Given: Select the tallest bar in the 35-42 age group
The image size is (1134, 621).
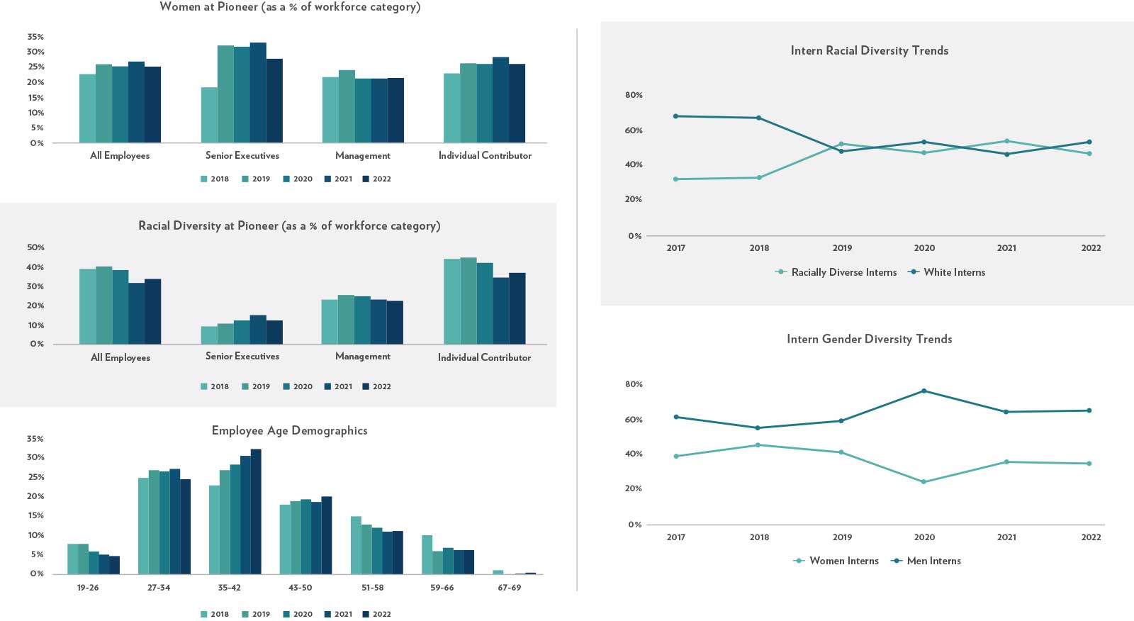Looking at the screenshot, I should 256,511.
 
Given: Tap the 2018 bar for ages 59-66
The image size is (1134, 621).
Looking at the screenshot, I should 427,554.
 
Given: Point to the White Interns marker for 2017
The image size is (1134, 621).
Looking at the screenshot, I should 675,116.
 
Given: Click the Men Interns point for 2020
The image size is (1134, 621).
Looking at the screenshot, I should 924,391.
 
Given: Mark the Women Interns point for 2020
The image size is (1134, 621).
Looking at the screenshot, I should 924,482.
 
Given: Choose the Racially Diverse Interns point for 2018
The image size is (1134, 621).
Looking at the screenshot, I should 759,178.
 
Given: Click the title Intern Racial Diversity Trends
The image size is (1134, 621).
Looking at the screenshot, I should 869,50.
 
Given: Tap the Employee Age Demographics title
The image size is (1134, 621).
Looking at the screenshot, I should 289,430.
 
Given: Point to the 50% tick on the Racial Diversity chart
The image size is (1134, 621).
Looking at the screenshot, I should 35,247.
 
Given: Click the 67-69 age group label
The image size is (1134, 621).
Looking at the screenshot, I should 509,588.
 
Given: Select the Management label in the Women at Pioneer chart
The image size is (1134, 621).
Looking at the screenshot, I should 362,155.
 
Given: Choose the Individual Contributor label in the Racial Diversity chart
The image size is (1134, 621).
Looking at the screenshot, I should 484,357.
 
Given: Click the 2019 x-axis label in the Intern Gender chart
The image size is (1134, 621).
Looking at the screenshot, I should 842,537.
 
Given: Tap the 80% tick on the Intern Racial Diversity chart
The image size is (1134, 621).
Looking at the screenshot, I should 634,95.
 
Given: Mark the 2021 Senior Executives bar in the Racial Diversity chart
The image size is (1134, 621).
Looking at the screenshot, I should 258,330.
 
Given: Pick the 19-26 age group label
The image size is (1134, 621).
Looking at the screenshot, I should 88,588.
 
